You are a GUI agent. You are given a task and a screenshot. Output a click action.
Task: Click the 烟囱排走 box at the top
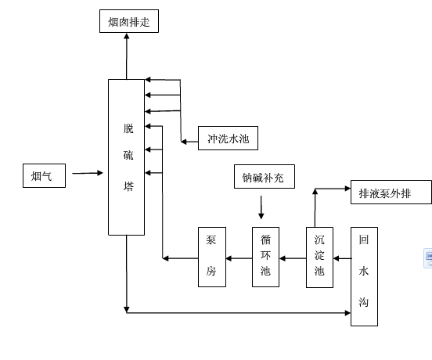(129, 21)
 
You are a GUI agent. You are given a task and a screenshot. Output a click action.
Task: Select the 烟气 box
(44, 176)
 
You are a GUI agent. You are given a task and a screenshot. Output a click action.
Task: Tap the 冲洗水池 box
(228, 138)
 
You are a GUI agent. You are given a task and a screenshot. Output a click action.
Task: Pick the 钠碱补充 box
(265, 177)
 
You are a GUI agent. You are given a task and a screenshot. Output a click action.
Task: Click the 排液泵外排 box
(391, 193)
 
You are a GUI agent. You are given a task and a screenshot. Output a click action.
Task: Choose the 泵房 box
(212, 257)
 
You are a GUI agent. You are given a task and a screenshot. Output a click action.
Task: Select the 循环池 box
(265, 257)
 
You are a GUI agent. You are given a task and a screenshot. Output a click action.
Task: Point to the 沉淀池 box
(319, 257)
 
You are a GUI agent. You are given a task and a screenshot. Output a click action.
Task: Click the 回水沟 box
(364, 276)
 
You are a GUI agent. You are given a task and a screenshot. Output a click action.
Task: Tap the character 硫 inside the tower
(128, 155)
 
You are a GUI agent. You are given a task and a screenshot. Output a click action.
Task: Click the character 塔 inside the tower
(128, 186)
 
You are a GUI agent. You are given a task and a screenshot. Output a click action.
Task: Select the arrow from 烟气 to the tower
(88, 173)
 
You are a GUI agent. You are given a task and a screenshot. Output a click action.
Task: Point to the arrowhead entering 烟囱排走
(127, 36)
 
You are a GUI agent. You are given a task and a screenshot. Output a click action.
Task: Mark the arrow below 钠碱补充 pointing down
(261, 207)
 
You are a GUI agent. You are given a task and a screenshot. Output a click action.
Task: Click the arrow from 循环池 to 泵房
(239, 258)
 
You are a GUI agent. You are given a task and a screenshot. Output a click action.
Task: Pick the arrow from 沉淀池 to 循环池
(293, 258)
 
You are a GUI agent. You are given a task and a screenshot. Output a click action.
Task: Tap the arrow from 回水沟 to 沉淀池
(343, 258)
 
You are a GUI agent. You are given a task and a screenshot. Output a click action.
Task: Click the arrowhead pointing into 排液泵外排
(347, 189)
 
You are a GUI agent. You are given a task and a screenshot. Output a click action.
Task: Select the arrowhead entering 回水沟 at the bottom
(347, 313)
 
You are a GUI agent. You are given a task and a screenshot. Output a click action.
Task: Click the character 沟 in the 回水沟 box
(364, 302)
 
